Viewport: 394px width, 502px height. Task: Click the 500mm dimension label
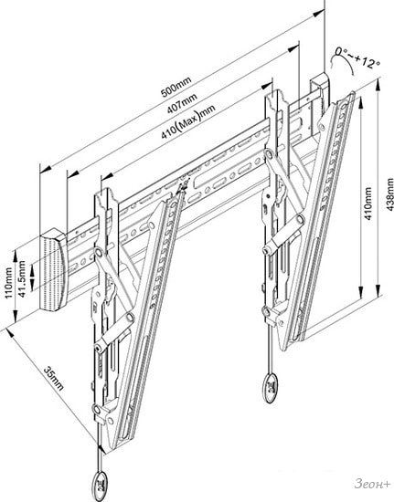[x=176, y=87]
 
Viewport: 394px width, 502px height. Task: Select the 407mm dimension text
[x=182, y=103]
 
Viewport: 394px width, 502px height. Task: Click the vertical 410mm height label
[x=368, y=204]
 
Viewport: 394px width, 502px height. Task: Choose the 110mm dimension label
[x=8, y=283]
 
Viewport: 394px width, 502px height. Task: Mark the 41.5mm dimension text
[x=21, y=278]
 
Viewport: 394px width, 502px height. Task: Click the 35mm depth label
[x=54, y=378]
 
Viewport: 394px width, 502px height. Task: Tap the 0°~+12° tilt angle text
[x=357, y=58]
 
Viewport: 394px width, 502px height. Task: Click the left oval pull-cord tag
[x=100, y=482]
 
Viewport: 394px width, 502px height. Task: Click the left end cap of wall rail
[x=53, y=269]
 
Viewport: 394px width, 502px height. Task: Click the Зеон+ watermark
[x=373, y=484]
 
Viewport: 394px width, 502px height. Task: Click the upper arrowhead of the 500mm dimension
[x=319, y=13]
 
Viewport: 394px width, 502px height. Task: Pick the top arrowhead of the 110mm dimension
[x=15, y=256]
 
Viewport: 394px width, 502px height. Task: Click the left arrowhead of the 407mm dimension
[x=73, y=174]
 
